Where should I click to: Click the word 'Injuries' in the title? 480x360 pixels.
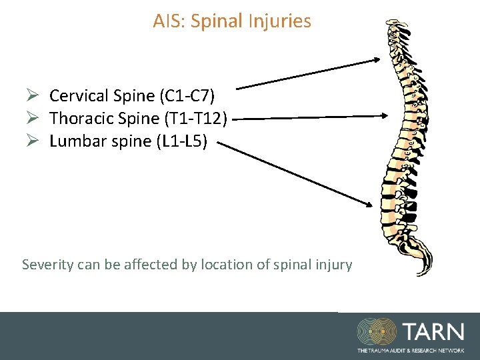point(281,21)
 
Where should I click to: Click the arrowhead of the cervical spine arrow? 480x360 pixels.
point(375,60)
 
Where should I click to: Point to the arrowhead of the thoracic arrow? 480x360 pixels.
point(384,115)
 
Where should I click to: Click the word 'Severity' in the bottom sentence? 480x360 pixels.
point(47,265)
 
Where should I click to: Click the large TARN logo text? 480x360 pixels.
point(433,332)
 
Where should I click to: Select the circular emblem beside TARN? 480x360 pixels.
point(377,332)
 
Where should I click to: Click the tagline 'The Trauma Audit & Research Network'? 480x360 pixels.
point(411,350)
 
